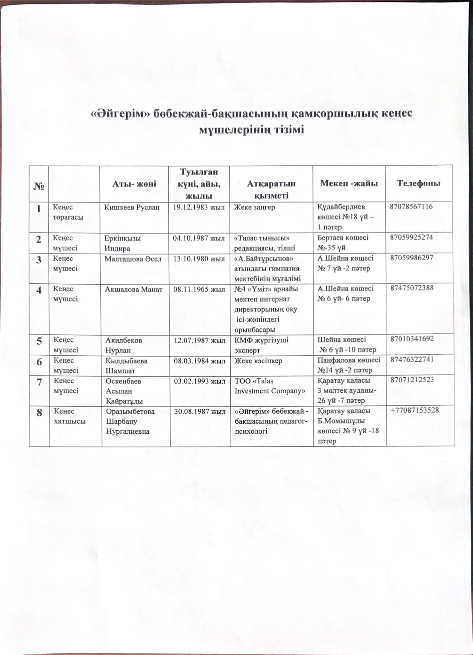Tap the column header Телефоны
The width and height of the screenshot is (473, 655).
[x=418, y=183]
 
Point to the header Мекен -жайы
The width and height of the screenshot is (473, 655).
[x=349, y=183]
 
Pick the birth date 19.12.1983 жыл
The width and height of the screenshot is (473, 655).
[x=199, y=207]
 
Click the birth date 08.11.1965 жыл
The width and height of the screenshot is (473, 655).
[x=200, y=289]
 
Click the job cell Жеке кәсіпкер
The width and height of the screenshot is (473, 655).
[x=255, y=360]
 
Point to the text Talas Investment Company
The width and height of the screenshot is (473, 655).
[x=269, y=386]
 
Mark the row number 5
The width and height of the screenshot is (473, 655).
[x=39, y=341]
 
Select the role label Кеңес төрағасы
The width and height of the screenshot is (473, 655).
[x=68, y=212]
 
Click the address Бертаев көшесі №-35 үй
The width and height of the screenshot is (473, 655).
[x=343, y=242]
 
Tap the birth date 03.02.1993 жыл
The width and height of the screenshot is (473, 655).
[x=200, y=381]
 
